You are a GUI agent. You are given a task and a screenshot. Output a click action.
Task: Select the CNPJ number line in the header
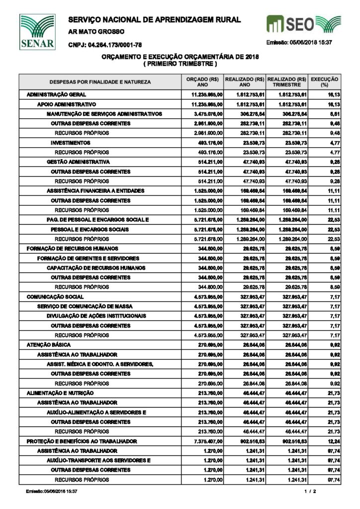click(105, 45)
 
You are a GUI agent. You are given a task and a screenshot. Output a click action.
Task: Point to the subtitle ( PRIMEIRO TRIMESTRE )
click(180, 64)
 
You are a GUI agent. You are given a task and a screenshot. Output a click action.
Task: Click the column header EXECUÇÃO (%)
click(324, 81)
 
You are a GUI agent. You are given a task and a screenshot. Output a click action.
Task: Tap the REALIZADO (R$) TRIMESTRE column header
click(287, 81)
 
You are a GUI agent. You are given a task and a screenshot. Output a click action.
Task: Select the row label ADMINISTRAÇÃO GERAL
click(56, 94)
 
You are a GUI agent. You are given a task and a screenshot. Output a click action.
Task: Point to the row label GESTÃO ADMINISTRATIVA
click(78, 162)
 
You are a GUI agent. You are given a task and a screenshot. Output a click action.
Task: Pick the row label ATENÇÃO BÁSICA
click(49, 345)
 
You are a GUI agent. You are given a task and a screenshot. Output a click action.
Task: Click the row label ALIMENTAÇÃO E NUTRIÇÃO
click(61, 393)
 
